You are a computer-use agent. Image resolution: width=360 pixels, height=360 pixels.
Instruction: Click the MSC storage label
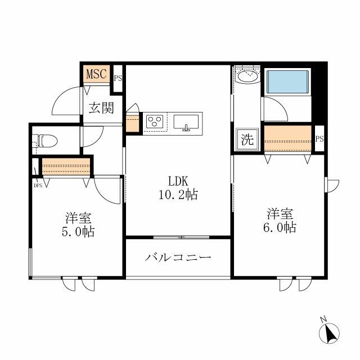96,74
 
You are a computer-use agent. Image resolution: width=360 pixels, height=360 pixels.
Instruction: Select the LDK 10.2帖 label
178,188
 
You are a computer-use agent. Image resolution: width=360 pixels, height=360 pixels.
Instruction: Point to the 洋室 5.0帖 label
78,225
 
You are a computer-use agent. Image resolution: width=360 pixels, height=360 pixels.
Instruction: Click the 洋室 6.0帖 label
280,220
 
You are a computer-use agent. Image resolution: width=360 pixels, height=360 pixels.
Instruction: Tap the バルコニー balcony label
178,258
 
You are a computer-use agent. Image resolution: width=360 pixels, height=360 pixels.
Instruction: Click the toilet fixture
47,141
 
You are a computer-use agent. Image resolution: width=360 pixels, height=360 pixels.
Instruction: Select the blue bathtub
287,82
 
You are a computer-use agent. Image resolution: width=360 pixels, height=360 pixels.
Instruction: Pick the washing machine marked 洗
247,139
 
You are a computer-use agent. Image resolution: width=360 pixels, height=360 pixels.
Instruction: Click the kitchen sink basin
186,122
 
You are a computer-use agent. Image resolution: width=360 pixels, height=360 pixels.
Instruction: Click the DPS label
38,186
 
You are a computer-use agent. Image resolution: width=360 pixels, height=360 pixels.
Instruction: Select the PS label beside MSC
118,79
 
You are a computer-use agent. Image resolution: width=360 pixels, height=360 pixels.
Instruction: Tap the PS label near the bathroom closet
319,139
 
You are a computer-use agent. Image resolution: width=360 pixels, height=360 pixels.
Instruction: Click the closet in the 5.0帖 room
66,166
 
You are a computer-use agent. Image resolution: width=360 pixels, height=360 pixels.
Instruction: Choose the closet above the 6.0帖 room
288,138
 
